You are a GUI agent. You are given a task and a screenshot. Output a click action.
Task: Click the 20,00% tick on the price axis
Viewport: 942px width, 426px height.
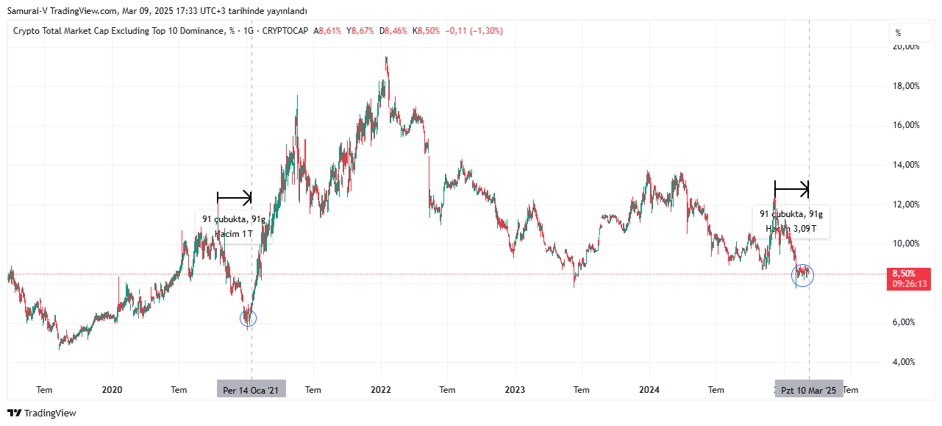coord(905,46)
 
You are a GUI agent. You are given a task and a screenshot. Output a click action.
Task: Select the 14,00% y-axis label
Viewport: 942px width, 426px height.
coord(905,165)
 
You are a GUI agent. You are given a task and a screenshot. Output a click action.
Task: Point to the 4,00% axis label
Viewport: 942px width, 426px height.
coord(905,361)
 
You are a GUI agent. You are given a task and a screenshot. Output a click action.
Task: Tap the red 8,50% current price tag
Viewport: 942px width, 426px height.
coord(904,273)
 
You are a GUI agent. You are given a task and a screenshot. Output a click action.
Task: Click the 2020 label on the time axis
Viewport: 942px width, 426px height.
coord(112,390)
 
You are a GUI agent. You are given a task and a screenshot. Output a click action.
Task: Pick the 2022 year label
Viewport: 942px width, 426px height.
coord(381,390)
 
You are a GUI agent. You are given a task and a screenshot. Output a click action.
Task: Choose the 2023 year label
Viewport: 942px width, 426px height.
coord(515,390)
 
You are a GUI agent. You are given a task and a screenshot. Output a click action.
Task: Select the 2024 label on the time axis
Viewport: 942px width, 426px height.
coord(649,390)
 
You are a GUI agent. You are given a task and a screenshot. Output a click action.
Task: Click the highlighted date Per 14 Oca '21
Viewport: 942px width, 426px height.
coord(251,390)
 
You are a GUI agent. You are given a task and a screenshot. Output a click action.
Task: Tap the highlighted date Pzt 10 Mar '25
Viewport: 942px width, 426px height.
coord(808,390)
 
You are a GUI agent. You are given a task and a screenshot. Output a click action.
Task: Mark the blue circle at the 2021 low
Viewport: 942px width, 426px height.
coord(249,318)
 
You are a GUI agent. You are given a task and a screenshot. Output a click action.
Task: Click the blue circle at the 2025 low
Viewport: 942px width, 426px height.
coord(802,275)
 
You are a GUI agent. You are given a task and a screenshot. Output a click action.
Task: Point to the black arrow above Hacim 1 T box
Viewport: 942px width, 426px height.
coord(235,197)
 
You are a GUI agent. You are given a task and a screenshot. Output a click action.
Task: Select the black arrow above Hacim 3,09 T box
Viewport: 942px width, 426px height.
coord(792,189)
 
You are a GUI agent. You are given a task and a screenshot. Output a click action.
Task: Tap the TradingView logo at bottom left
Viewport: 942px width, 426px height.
coord(42,413)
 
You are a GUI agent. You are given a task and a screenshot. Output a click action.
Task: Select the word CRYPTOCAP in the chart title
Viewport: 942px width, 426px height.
coord(286,31)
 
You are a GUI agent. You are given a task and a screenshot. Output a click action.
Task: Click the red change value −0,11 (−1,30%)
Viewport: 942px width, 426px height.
coord(474,31)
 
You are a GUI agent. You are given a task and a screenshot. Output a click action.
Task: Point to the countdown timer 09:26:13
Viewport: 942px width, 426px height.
coord(908,283)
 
